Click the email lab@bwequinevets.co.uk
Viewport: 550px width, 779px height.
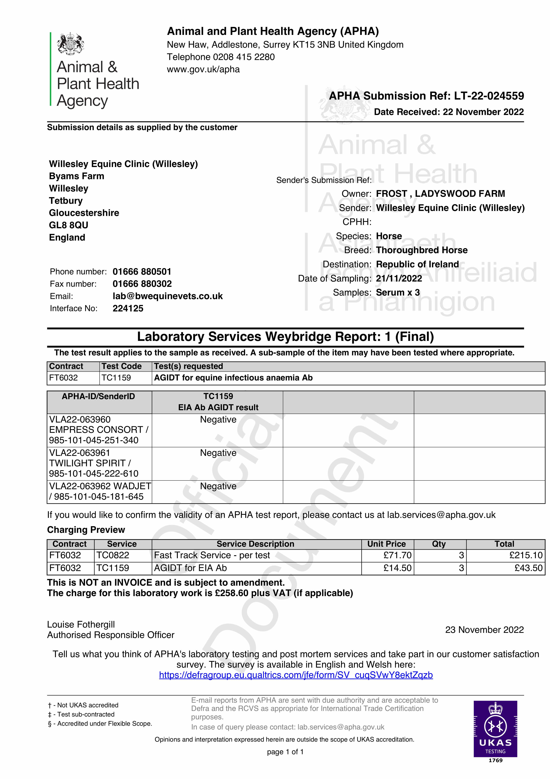click(168, 296)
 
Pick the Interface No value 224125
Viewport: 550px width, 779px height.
click(128, 308)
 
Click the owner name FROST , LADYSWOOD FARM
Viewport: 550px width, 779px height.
click(440, 194)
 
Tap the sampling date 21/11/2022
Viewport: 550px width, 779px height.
click(399, 279)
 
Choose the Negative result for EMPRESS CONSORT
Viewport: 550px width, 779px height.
click(218, 420)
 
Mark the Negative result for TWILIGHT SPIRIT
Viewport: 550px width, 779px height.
click(218, 453)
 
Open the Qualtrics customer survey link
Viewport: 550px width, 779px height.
click(296, 675)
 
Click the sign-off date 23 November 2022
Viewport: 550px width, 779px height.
click(484, 630)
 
